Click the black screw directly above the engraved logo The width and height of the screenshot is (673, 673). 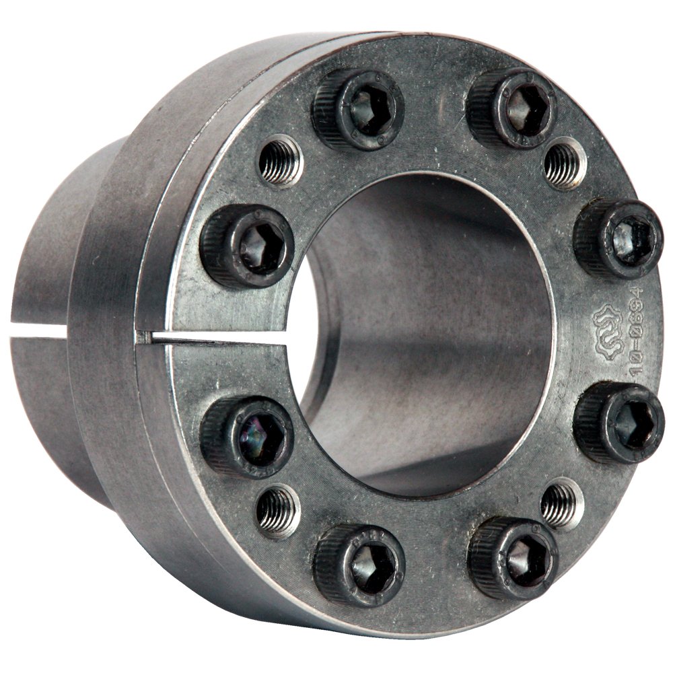point(618,240)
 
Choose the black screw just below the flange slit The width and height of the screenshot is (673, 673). point(248,435)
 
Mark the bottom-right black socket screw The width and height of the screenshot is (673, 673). point(513,558)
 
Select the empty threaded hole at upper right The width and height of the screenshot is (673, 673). point(564,164)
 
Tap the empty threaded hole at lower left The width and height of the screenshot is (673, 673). point(277,511)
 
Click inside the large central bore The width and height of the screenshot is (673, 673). point(431,336)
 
